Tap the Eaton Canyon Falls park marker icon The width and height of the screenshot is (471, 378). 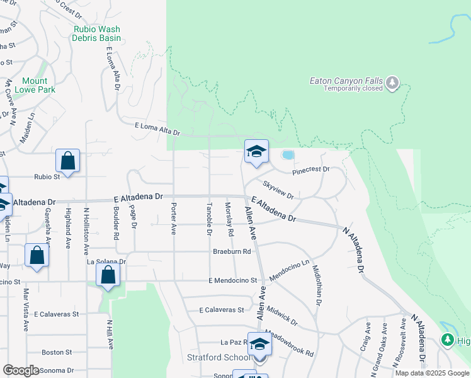click(392, 82)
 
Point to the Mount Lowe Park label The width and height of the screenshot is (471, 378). click(38, 85)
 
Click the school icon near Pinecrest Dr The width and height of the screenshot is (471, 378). click(256, 152)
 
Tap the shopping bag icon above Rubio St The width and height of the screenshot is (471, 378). click(67, 161)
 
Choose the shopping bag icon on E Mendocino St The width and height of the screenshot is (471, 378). click(108, 275)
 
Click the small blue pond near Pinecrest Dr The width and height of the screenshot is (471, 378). click(288, 154)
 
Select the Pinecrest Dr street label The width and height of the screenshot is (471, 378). click(311, 170)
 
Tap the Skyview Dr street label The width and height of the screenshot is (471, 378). click(278, 188)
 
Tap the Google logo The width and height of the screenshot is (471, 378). click(21, 370)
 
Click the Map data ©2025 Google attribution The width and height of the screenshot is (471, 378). click(431, 373)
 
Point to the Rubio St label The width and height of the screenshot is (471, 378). click(47, 177)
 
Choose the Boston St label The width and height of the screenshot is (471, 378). click(57, 352)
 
